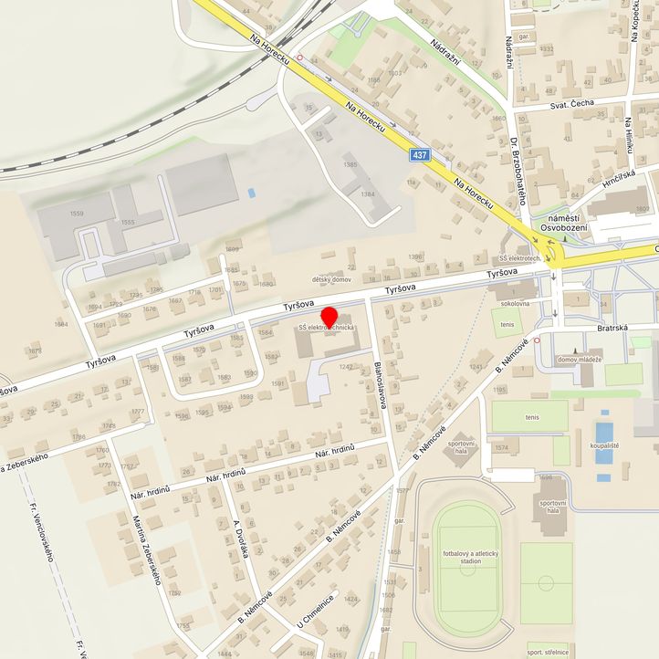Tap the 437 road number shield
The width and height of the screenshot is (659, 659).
[419, 155]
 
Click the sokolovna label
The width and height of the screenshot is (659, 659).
[514, 302]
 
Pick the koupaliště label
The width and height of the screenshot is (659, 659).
[603, 445]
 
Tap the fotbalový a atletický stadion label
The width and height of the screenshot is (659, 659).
[467, 558]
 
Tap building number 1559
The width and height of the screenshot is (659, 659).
[77, 214]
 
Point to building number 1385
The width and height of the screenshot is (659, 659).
[350, 165]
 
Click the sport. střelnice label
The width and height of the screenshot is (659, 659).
[547, 653]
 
